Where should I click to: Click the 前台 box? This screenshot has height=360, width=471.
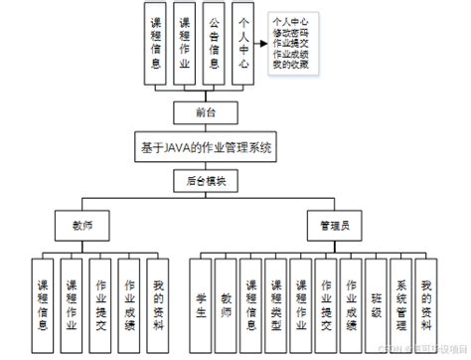pos(207,112)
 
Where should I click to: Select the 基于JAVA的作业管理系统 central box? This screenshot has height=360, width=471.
pos(207,146)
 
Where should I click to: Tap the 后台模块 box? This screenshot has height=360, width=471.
pos(207,180)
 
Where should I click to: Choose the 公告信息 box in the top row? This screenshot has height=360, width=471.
pos(215,45)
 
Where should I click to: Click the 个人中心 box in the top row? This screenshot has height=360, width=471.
pos(244,45)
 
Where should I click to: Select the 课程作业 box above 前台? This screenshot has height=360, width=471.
pos(184,45)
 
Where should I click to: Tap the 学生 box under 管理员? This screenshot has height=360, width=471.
pos(202,294)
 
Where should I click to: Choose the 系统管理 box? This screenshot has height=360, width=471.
pos(400,294)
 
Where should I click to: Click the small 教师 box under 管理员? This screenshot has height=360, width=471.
pos(228,294)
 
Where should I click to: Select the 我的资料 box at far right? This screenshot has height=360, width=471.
pos(426,294)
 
